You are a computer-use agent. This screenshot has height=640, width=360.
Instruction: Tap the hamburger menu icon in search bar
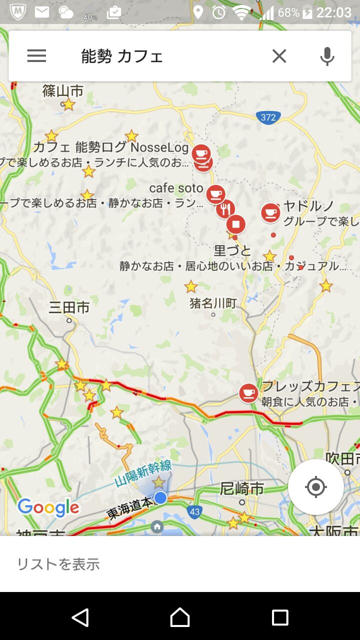pos(36,56)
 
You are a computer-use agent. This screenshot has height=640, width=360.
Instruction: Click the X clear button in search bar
pos(279,56)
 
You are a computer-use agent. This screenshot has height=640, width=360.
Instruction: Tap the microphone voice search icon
pos(327,56)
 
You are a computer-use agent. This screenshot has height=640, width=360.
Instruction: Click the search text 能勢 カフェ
pos(122,56)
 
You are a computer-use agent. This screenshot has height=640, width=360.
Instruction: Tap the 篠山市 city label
pos(62,91)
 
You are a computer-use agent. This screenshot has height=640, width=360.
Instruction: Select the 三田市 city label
pos(69,307)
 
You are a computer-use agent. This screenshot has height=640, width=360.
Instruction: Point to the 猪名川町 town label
pos(213,302)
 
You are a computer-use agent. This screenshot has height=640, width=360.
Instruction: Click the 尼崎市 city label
pos(242,488)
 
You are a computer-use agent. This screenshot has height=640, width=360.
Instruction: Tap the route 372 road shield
pos(268,117)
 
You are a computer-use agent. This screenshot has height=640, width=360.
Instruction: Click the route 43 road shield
pos(194,511)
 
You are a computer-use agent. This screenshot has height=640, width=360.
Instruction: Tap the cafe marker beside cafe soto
pos(215,194)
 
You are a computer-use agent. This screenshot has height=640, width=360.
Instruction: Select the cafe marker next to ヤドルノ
pos(270,212)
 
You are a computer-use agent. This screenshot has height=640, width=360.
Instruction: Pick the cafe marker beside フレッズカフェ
pos(248,392)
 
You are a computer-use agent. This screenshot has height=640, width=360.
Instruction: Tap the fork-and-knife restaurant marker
pos(226,209)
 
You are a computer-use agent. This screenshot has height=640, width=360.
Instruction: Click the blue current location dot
pos(160,497)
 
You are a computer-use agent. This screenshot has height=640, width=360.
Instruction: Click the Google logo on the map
pos(48,507)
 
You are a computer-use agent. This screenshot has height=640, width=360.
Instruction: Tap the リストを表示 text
pos(58,564)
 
